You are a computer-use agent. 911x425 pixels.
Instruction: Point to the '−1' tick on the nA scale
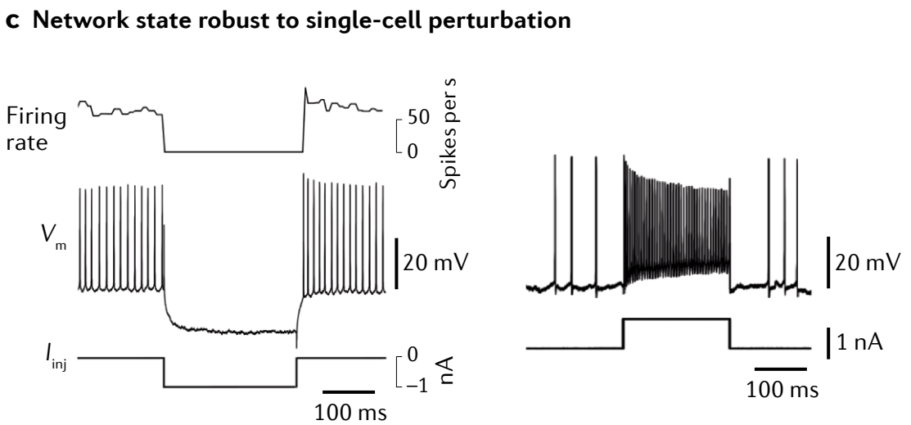pos(417,385)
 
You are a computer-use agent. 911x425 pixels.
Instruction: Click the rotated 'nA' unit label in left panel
pos(446,369)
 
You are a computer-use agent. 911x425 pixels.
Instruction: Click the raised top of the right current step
pos(675,319)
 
